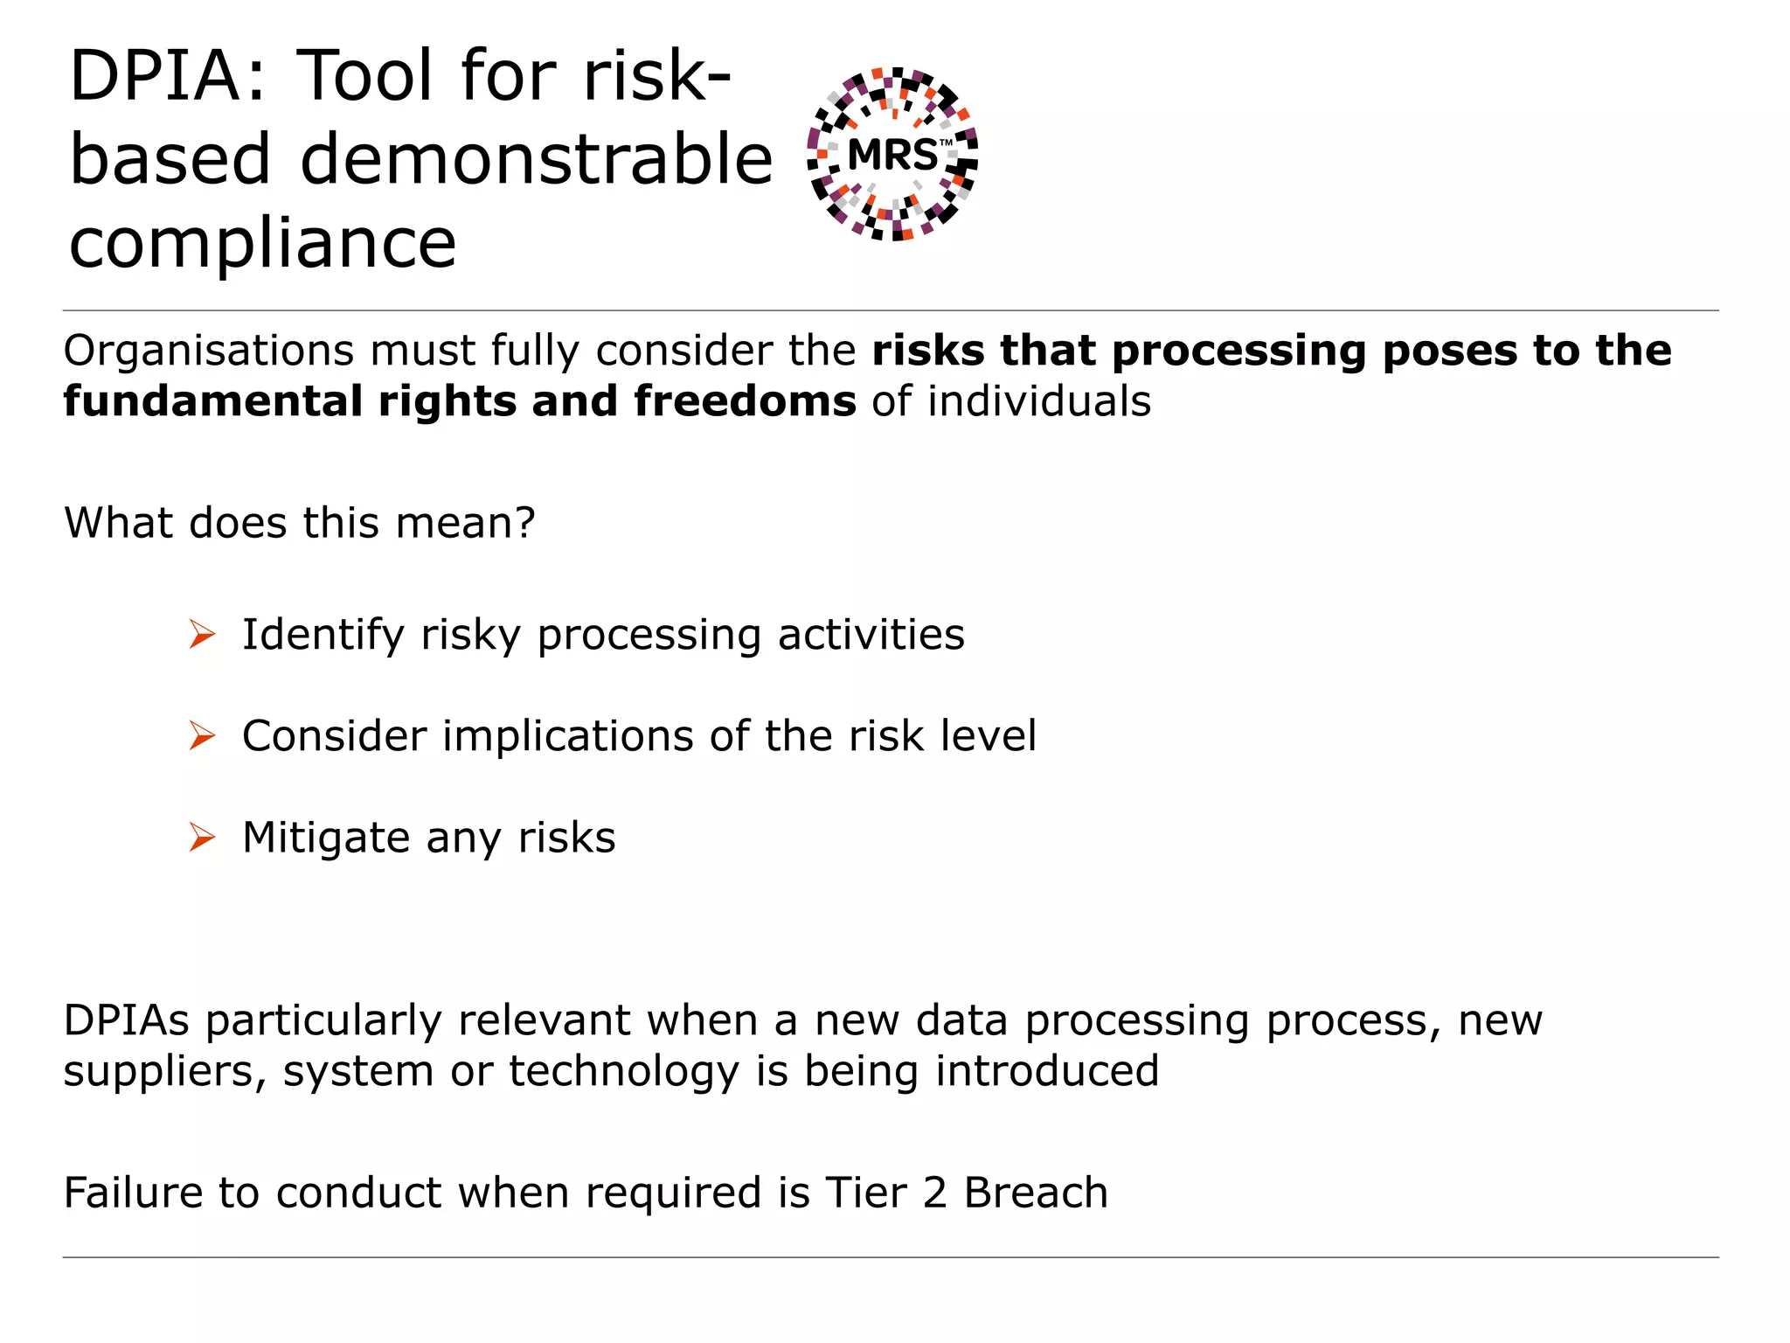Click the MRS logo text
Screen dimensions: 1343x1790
[x=892, y=156]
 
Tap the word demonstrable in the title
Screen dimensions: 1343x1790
[x=536, y=160]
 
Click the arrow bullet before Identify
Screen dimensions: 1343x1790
[x=202, y=634]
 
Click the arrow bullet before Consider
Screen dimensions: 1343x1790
[x=202, y=736]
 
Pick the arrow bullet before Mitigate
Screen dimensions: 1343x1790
[x=202, y=838]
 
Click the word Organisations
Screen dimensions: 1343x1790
[x=207, y=351]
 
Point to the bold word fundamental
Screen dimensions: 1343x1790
[x=212, y=401]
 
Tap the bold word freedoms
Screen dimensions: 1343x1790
[x=745, y=401]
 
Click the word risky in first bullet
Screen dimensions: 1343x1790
[x=470, y=636]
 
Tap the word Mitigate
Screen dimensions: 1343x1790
[x=325, y=839]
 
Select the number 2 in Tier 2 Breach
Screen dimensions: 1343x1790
[x=934, y=1193]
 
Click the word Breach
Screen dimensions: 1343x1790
[x=1036, y=1193]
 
